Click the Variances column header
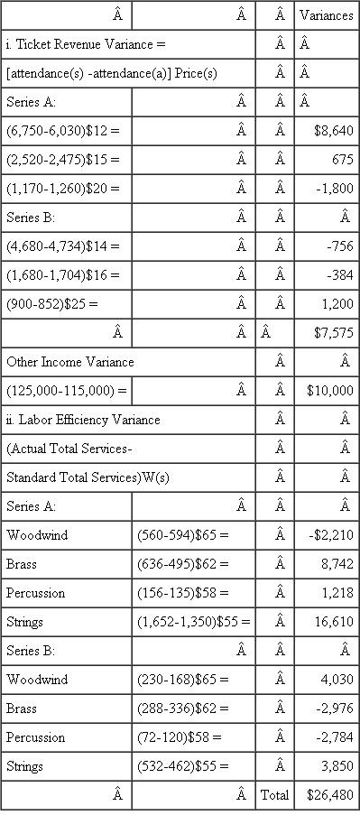tap(326, 15)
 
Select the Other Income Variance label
tap(70, 362)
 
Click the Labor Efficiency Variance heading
tap(83, 420)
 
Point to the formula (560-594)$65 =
tap(183, 535)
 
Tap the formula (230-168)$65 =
tap(183, 680)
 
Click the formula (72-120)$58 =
tap(180, 737)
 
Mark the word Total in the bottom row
tap(274, 795)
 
